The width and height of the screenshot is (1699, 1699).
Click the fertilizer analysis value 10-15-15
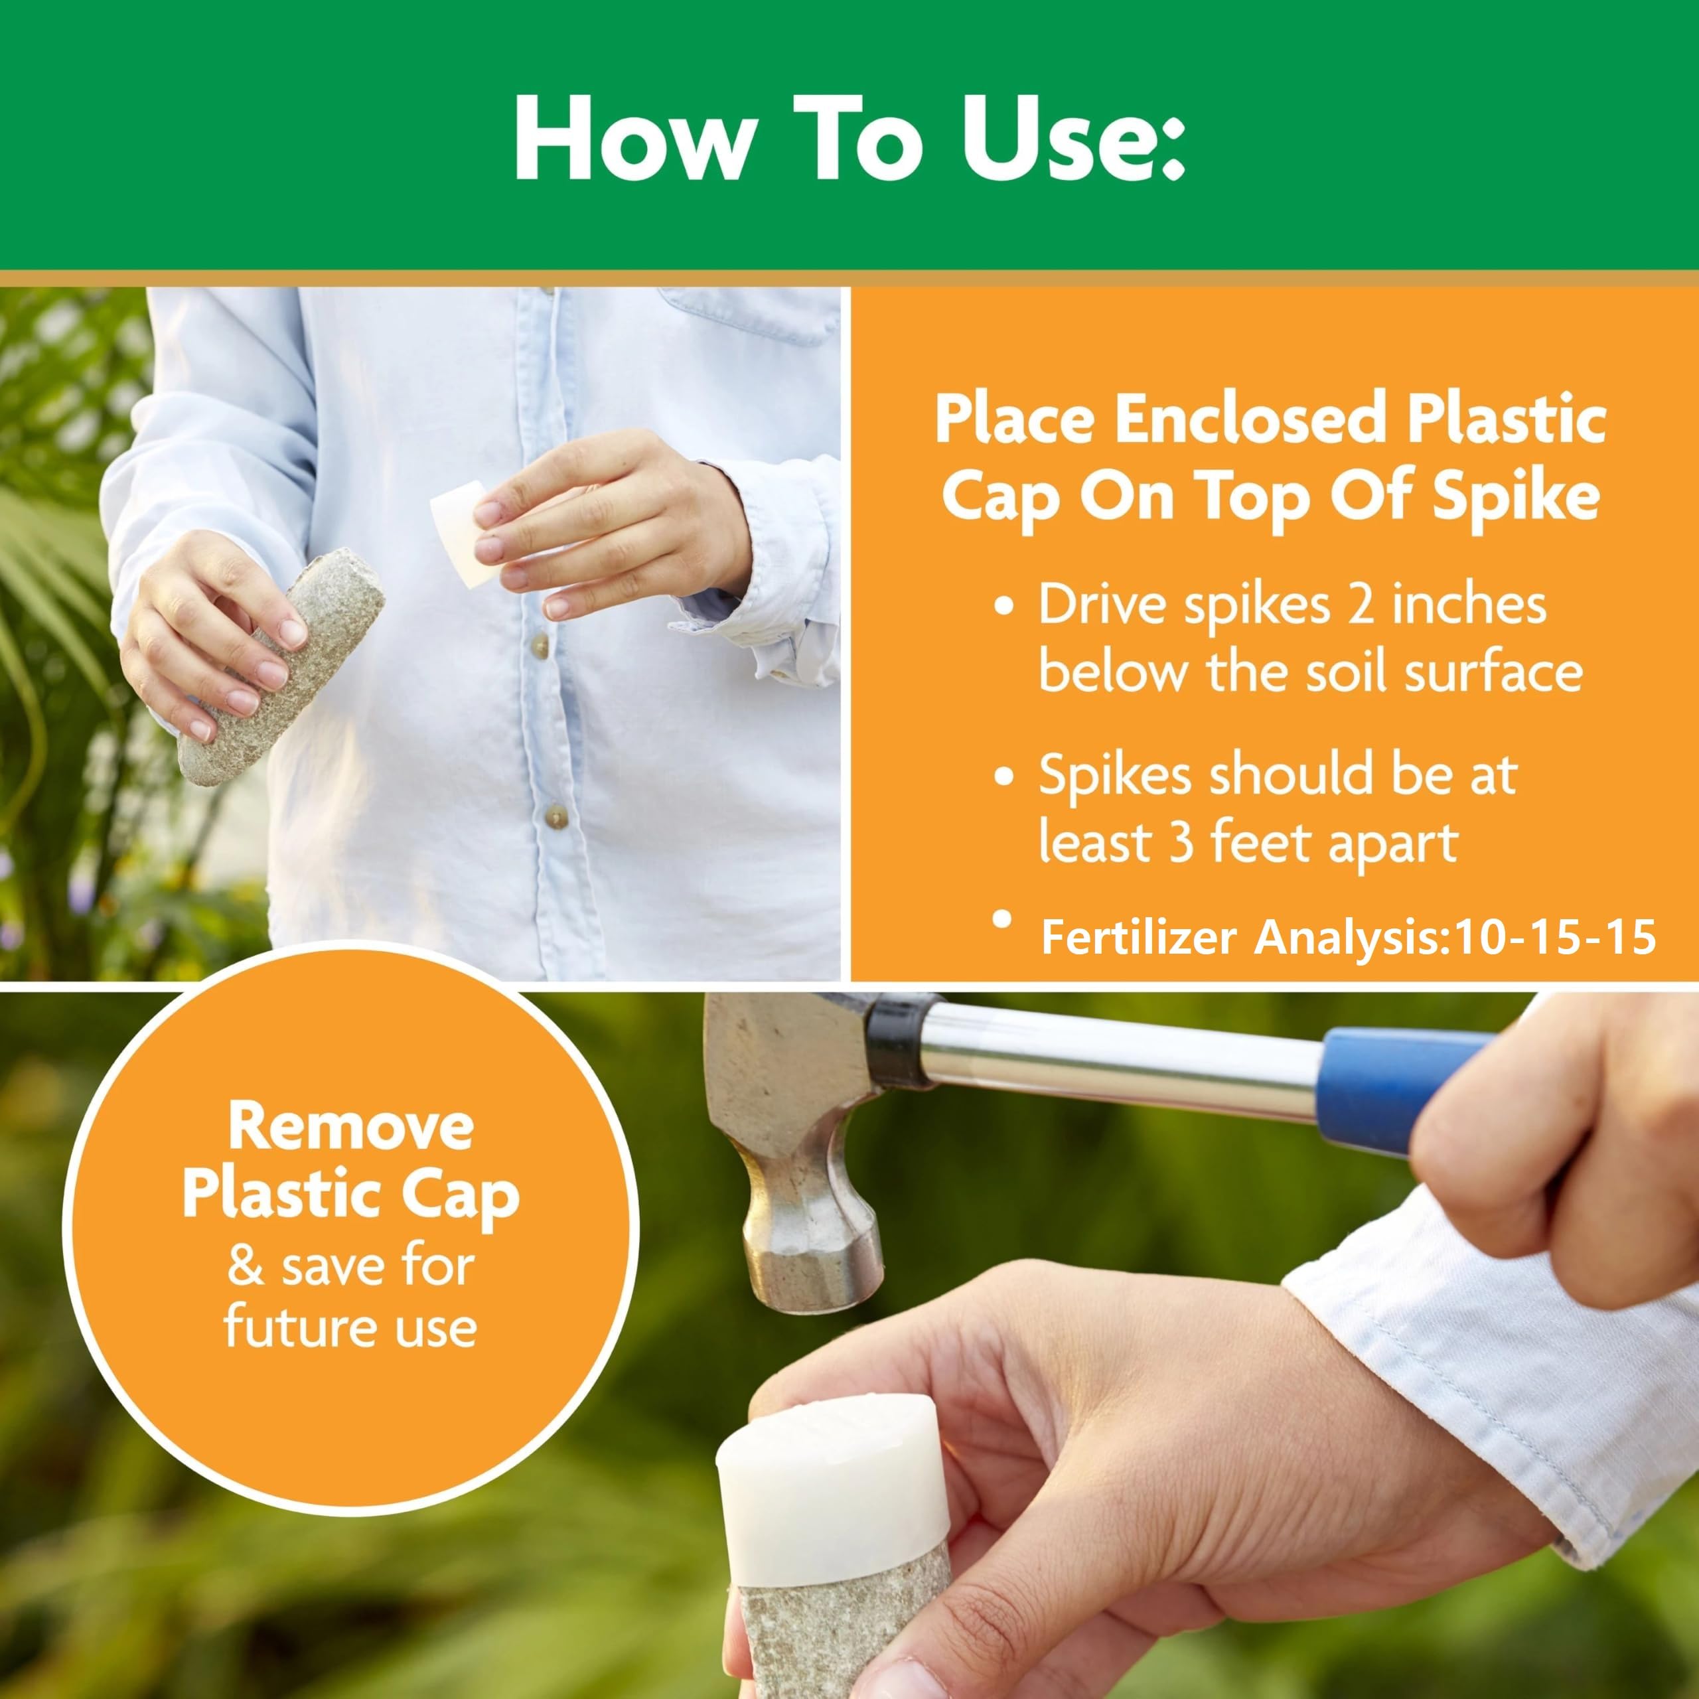point(1555,938)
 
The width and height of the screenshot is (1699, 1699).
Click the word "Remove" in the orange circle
point(351,1126)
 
